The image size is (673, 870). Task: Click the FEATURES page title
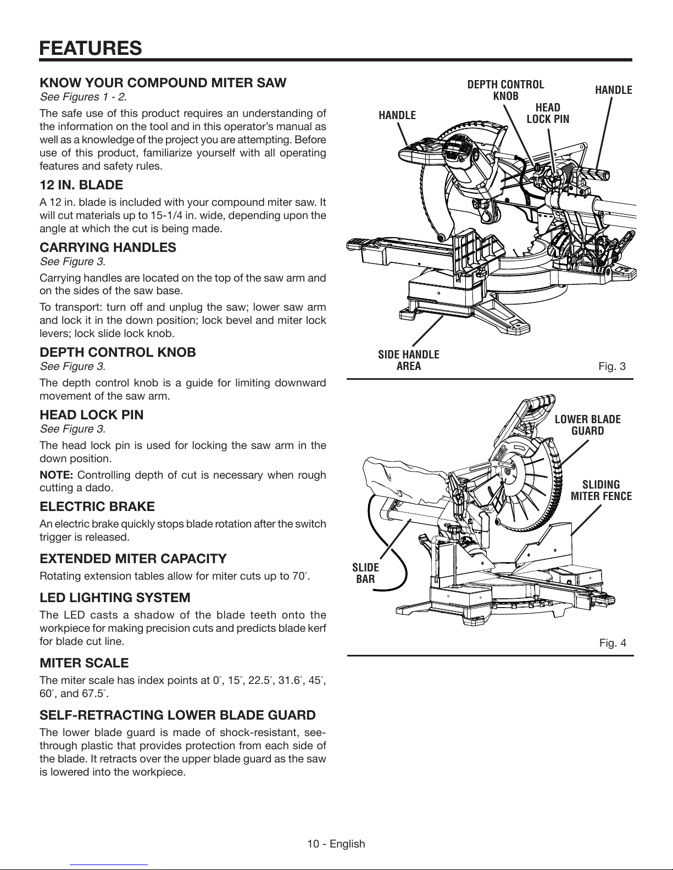point(91,48)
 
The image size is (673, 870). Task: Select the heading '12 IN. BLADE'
point(81,185)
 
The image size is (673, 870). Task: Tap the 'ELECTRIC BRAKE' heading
point(97,507)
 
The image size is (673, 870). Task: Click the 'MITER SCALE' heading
point(84,663)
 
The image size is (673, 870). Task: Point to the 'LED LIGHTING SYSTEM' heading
point(115,598)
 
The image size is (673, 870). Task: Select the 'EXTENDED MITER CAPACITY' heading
point(133,559)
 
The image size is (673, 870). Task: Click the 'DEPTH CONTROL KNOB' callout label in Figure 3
point(505,91)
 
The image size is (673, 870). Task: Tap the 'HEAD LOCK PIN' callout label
point(548,113)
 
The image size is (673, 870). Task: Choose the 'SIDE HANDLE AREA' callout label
point(409,360)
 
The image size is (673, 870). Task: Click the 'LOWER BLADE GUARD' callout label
point(588,425)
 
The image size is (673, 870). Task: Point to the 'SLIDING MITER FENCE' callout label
point(601,491)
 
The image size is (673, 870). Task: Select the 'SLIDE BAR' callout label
point(365,574)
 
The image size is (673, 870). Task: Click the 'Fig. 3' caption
point(612,366)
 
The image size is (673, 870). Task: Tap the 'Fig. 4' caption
point(613,643)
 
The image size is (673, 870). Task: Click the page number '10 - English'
point(336,844)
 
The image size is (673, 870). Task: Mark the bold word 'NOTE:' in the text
point(56,475)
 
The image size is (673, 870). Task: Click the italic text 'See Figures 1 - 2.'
point(84,97)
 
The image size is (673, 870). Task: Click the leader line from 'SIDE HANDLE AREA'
point(428,330)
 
